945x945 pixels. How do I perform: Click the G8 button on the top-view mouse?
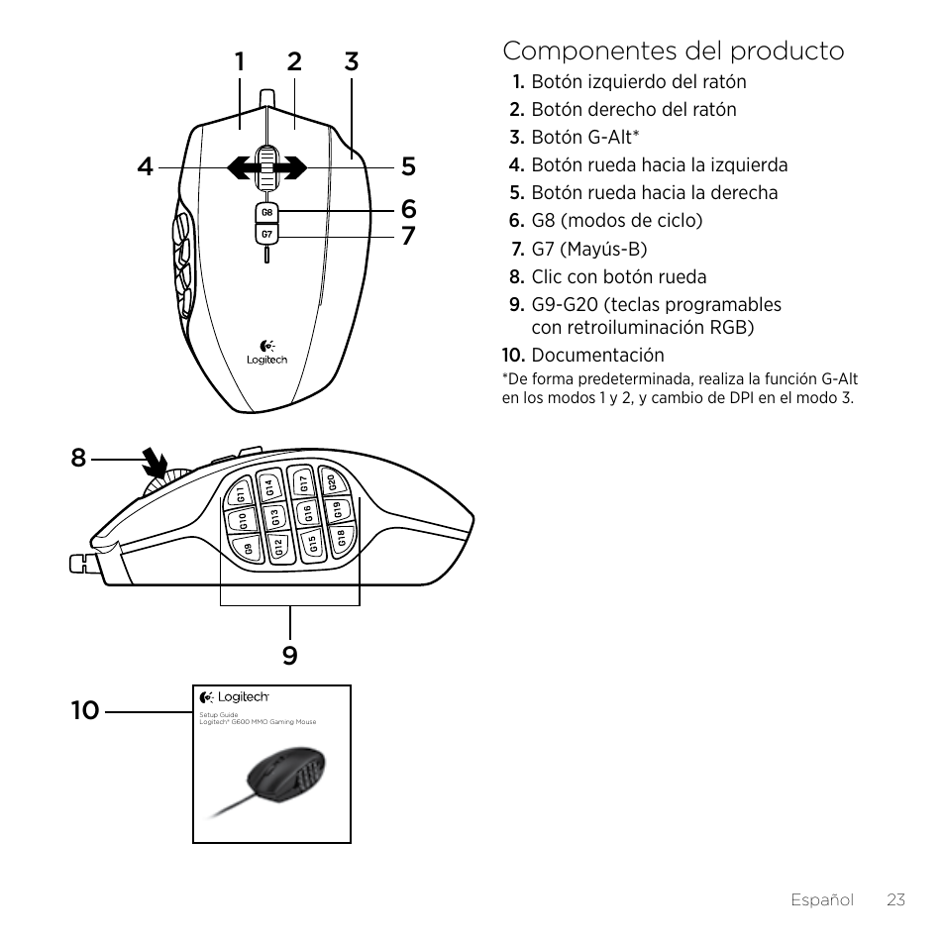[x=266, y=213]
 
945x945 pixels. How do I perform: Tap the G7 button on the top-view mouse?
[x=266, y=235]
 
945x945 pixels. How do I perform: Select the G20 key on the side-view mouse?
[x=333, y=482]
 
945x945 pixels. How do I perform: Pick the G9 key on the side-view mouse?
[x=249, y=545]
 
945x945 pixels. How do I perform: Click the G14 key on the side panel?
[x=268, y=486]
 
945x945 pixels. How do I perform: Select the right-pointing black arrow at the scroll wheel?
[x=292, y=168]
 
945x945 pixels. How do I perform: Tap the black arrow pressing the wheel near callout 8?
[x=154, y=463]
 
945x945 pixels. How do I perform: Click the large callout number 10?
[x=85, y=709]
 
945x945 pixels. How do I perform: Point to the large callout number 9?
[x=289, y=655]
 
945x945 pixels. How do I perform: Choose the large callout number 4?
[x=147, y=167]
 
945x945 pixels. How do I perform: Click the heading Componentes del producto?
[x=674, y=51]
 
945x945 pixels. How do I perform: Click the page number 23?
[x=896, y=899]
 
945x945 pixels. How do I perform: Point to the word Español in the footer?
[x=821, y=899]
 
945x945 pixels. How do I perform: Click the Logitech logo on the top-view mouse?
[x=266, y=355]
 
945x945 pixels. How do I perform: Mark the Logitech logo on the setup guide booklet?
[x=235, y=697]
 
